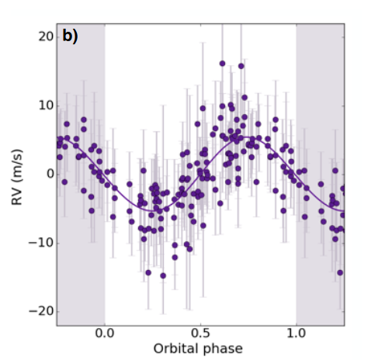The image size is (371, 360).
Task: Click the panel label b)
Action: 70,36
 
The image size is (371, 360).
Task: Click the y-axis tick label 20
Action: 46,37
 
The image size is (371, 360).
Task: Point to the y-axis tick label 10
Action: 46,106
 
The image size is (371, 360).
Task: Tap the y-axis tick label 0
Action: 50,174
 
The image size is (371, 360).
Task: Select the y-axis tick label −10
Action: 41,243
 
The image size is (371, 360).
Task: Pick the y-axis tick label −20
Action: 41,311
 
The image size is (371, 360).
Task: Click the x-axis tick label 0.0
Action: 105,334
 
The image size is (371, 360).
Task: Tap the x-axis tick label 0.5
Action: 200,334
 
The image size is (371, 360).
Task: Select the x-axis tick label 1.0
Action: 296,334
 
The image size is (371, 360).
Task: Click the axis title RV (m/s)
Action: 17,177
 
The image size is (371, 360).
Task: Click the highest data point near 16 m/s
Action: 222,64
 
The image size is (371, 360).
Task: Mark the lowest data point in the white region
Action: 163,276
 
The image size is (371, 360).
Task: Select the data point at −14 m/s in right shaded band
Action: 340,272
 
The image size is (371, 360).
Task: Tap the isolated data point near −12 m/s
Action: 175,258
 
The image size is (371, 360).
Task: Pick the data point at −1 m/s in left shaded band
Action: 64,182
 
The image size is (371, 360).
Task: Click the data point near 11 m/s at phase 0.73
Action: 244,98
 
